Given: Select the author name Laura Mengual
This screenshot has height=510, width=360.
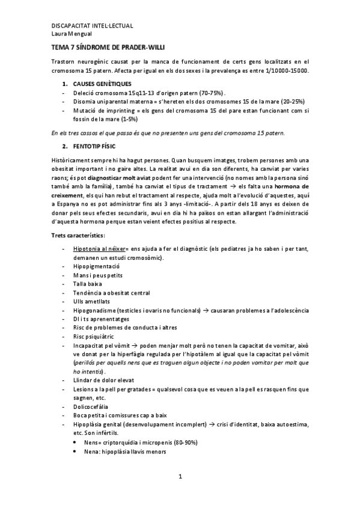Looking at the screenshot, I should (x=69, y=34).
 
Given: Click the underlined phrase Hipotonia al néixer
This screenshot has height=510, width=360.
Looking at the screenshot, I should (x=99, y=248).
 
